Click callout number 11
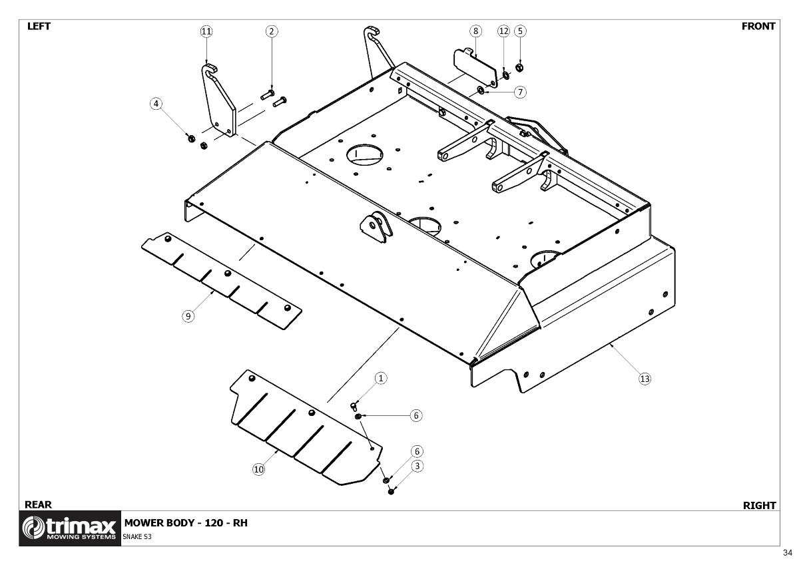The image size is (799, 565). pyautogui.click(x=206, y=31)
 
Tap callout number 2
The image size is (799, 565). pyautogui.click(x=272, y=31)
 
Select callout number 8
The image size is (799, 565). pyautogui.click(x=475, y=31)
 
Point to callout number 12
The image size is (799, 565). pyautogui.click(x=503, y=31)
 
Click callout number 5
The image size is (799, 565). pyautogui.click(x=521, y=31)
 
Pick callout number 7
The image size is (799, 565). pyautogui.click(x=520, y=91)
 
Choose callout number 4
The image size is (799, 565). pyautogui.click(x=156, y=104)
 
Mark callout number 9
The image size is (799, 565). pyautogui.click(x=188, y=316)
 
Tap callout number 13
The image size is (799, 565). pyautogui.click(x=644, y=378)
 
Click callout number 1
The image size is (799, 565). pyautogui.click(x=381, y=378)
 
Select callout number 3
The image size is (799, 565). pyautogui.click(x=417, y=467)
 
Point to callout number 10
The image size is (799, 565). pyautogui.click(x=258, y=469)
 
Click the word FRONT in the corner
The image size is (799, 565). pyautogui.click(x=758, y=27)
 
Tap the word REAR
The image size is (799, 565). pyautogui.click(x=38, y=505)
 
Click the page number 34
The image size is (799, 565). pyautogui.click(x=788, y=553)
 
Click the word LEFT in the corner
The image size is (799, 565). pyautogui.click(x=39, y=27)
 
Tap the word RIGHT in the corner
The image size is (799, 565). pyautogui.click(x=759, y=506)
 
